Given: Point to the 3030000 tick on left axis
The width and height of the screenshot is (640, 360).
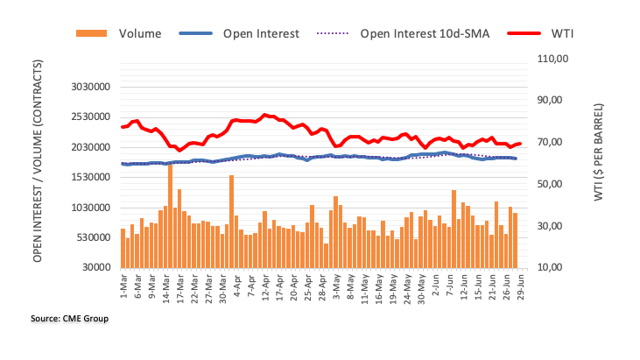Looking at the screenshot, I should click(x=85, y=87).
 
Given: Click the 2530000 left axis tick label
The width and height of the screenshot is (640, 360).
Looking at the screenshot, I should click(x=85, y=117).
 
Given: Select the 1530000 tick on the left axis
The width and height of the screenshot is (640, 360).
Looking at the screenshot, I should click(x=85, y=178).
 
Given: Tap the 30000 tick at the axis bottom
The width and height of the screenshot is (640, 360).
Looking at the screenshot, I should click(x=91, y=268).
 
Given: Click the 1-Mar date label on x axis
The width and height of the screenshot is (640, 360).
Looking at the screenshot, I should click(x=123, y=285).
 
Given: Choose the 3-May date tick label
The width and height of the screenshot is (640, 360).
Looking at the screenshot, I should click(x=335, y=285).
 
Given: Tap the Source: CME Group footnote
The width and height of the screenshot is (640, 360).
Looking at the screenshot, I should click(x=70, y=319).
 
